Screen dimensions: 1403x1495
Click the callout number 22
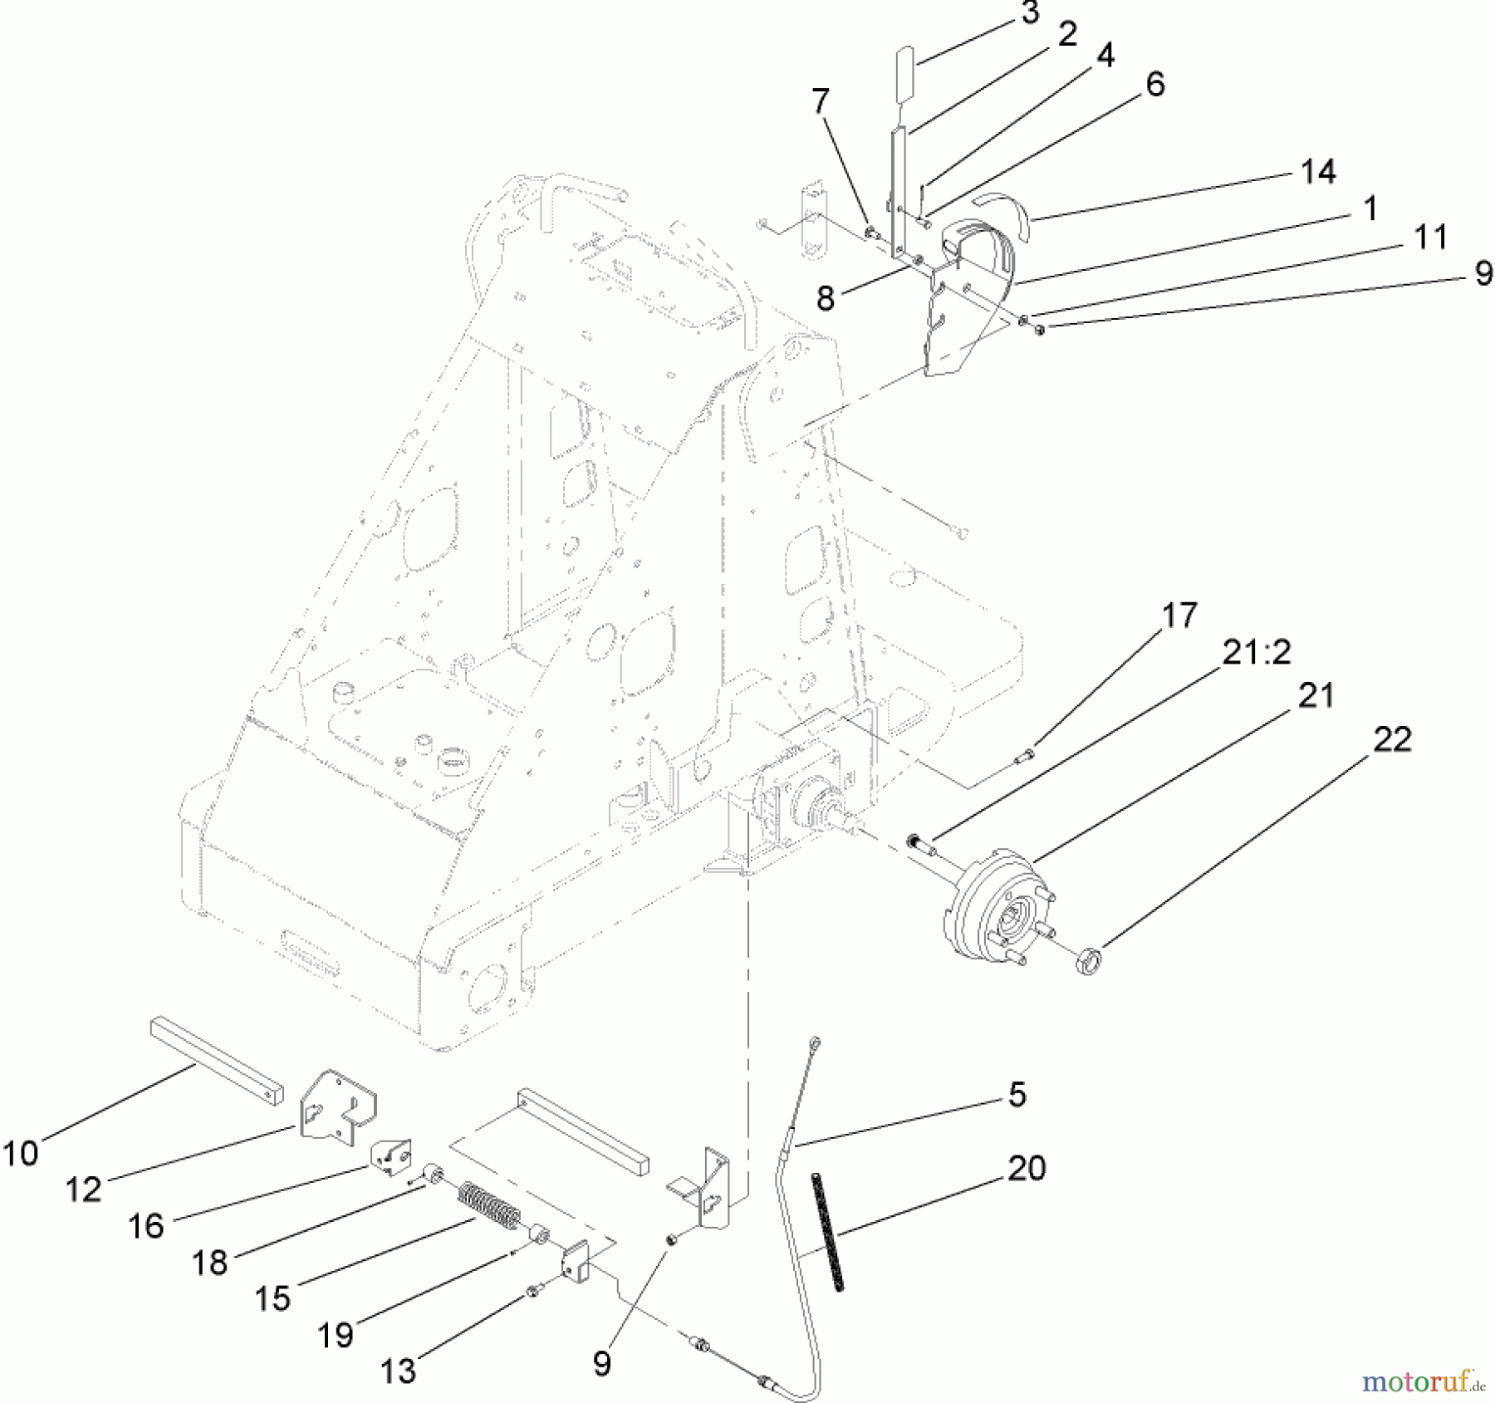point(1392,738)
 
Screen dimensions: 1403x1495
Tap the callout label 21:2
point(1256,653)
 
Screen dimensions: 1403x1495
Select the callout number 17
point(1179,616)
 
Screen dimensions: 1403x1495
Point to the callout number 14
point(1318,171)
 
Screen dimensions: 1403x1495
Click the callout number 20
point(1026,1168)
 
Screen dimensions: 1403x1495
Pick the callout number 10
point(20,1153)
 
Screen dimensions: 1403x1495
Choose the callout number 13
point(398,1371)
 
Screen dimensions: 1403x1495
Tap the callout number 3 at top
point(1030,14)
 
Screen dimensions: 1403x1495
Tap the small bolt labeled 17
point(1023,755)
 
